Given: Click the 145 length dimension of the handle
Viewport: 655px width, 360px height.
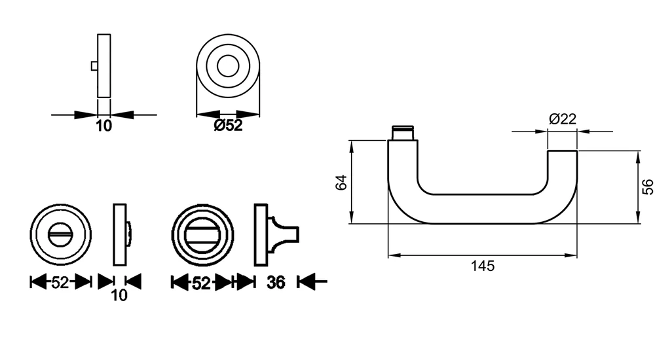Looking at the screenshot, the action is pos(483,266).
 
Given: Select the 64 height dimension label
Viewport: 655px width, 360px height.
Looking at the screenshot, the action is pos(342,183).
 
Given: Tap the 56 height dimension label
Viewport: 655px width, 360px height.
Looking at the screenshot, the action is pos(648,187).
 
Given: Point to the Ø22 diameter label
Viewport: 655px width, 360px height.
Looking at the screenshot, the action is pos(562,119).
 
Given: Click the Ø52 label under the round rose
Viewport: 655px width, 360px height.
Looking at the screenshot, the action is pos(228,125).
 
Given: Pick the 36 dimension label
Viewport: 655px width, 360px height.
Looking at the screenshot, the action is pos(276,283).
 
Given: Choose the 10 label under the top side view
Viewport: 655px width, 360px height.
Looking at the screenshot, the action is pos(104,126).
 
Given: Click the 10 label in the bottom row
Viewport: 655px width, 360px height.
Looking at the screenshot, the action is pos(119,295).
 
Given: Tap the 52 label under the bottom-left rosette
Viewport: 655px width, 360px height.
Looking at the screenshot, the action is pos(60,283).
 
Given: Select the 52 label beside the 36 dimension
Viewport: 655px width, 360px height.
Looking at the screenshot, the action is pos(201,283).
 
